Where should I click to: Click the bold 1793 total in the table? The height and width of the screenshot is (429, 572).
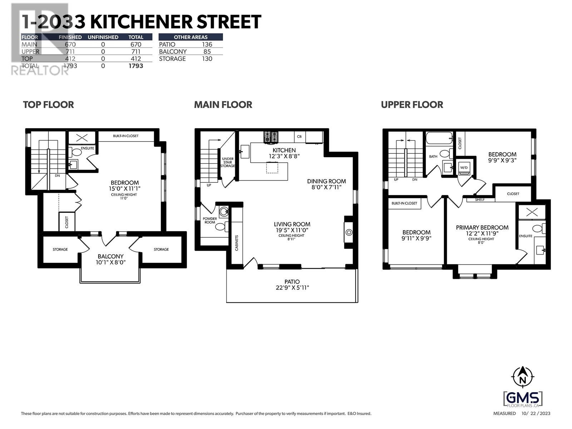pyautogui.click(x=136, y=66)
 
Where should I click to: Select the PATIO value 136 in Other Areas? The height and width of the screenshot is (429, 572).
pyautogui.click(x=207, y=44)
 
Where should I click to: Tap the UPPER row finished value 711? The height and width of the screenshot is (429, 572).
pyautogui.click(x=70, y=51)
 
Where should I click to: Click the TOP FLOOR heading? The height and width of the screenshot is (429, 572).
pyautogui.click(x=48, y=105)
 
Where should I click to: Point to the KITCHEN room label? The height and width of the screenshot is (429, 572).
pyautogui.click(x=284, y=150)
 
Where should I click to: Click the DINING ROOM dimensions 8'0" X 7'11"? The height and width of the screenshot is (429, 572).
pyautogui.click(x=326, y=187)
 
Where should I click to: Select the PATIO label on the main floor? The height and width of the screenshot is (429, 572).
pyautogui.click(x=292, y=282)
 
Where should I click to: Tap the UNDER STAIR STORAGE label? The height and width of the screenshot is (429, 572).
pyautogui.click(x=228, y=162)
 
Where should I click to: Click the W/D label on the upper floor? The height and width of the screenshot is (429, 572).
pyautogui.click(x=464, y=167)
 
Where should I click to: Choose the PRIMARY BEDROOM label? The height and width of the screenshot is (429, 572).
pyautogui.click(x=482, y=228)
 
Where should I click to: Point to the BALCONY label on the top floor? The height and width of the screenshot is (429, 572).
pyautogui.click(x=110, y=256)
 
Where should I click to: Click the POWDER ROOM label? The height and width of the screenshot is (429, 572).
pyautogui.click(x=209, y=220)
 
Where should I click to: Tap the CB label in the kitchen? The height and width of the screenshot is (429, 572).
pyautogui.click(x=299, y=137)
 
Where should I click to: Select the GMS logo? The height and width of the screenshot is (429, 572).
pyautogui.click(x=523, y=398)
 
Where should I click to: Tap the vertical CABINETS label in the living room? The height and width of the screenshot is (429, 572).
pyautogui.click(x=237, y=243)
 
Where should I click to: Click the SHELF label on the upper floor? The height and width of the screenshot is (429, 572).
pyautogui.click(x=480, y=199)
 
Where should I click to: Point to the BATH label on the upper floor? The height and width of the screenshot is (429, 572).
pyautogui.click(x=433, y=157)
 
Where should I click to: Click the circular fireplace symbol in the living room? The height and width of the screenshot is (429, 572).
pyautogui.click(x=349, y=233)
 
